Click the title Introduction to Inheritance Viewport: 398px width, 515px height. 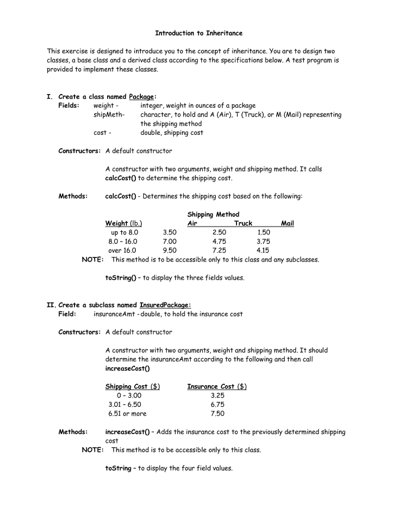(x=198, y=33)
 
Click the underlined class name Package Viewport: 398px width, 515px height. (x=142, y=97)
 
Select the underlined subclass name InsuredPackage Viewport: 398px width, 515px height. (x=165, y=305)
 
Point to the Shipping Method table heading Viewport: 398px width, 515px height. (x=213, y=214)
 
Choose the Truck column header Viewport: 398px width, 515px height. (x=243, y=223)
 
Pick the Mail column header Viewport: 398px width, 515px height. (x=287, y=223)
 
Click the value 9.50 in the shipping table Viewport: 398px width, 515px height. (x=170, y=250)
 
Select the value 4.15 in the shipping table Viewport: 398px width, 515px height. (x=263, y=250)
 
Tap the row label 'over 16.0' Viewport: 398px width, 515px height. (x=122, y=250)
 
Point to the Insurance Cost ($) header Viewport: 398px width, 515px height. (x=217, y=386)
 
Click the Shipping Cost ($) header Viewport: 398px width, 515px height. (x=132, y=386)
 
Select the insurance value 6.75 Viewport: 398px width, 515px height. (x=218, y=404)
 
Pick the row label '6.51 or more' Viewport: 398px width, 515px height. (x=127, y=413)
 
